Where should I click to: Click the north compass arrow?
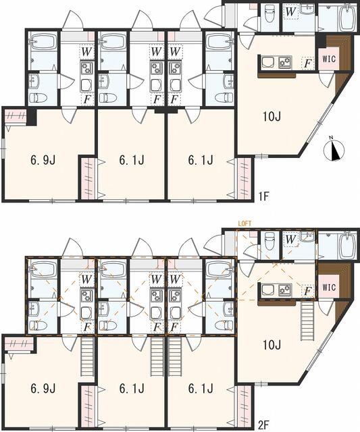[335, 150]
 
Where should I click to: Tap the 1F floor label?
[263, 197]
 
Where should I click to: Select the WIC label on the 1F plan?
[328, 58]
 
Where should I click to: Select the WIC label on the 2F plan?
[328, 287]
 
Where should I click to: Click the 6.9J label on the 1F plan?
[42, 161]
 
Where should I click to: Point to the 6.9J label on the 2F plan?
[42, 389]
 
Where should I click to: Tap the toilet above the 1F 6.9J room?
[39, 96]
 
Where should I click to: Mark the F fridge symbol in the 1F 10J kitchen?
[307, 63]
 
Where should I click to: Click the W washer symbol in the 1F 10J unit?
[291, 11]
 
